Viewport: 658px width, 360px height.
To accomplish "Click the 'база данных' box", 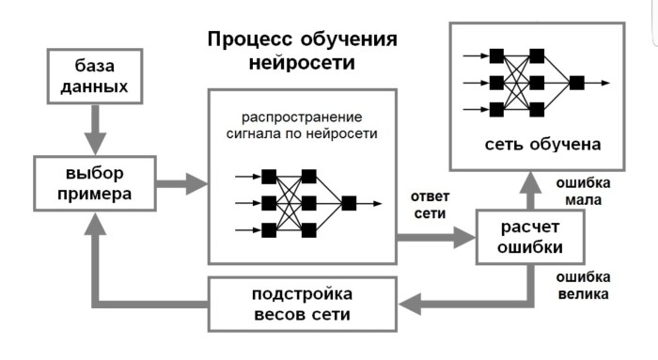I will pyautogui.click(x=94, y=77).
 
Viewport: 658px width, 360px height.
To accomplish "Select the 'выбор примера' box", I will pyautogui.click(x=94, y=183).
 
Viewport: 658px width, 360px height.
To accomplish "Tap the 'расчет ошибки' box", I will pyautogui.click(x=530, y=236).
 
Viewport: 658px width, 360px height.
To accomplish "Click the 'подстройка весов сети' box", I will pyautogui.click(x=302, y=304).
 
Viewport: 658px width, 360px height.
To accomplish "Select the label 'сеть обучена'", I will pyautogui.click(x=542, y=145).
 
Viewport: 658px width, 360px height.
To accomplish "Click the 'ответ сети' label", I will pyautogui.click(x=430, y=205).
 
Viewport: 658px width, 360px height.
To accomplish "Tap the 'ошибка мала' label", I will pyautogui.click(x=583, y=191).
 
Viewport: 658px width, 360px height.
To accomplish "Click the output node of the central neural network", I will pyautogui.click(x=349, y=203).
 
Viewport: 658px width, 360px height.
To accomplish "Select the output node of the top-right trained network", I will pyautogui.click(x=577, y=82).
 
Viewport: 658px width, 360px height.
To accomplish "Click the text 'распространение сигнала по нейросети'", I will pyautogui.click(x=301, y=126).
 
